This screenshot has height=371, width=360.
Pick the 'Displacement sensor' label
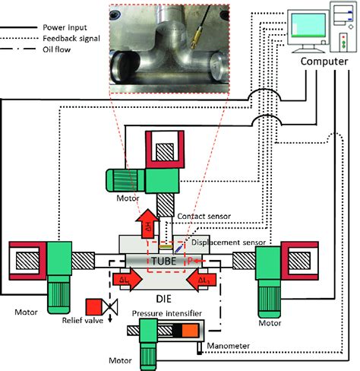pos(226,244)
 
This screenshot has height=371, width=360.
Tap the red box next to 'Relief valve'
pos(96,306)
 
